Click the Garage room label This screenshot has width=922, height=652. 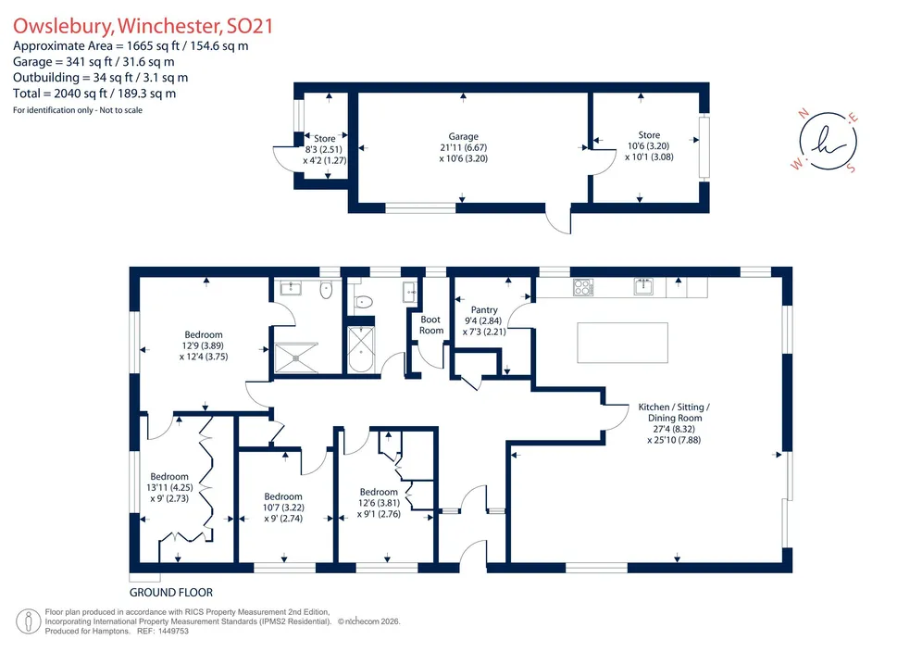pyautogui.click(x=464, y=136)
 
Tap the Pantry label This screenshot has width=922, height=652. pyautogui.click(x=484, y=309)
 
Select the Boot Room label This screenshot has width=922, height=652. pyautogui.click(x=431, y=325)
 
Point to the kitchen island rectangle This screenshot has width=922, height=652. pyautogui.click(x=623, y=343)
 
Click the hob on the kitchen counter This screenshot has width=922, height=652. pyautogui.click(x=582, y=287)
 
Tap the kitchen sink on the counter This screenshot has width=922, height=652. pyautogui.click(x=644, y=286)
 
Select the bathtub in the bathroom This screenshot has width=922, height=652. pyautogui.click(x=360, y=349)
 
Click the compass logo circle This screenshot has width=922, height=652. pyautogui.click(x=828, y=141)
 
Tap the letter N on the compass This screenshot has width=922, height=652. pyautogui.click(x=804, y=114)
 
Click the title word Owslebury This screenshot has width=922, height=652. pyautogui.click(x=63, y=27)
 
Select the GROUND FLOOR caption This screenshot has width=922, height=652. pyautogui.click(x=171, y=593)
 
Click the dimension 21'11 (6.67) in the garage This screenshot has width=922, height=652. pyautogui.click(x=464, y=147)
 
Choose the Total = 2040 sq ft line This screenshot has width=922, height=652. pyautogui.click(x=94, y=94)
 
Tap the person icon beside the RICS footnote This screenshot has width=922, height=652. pyautogui.click(x=28, y=622)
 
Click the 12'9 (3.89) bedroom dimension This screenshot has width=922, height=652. pyautogui.click(x=204, y=346)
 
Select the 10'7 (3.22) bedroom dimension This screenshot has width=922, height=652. pyautogui.click(x=283, y=508)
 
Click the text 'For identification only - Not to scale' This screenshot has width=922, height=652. pyautogui.click(x=78, y=110)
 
